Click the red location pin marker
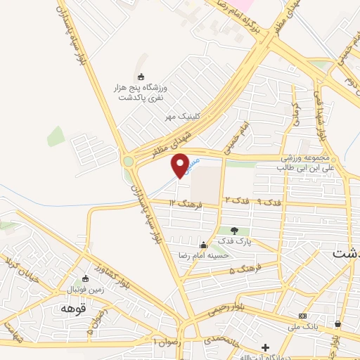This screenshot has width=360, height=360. pos(180,165)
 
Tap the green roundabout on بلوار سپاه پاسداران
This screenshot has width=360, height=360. pos(128,162)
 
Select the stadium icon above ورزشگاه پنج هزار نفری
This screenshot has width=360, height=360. pos(141,77)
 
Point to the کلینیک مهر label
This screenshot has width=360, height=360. pos(179,117)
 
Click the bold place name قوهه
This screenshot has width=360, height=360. pos(73,309)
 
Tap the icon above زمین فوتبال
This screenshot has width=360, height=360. pos(86,278)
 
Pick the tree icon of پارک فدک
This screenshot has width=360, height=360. pos(234,230)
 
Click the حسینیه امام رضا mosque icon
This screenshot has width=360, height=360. pos(203,245)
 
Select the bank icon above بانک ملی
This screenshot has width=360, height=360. pos(302,316)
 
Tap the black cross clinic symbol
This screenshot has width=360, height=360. pos(265,347)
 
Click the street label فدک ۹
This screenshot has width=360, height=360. pos(269,202)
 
